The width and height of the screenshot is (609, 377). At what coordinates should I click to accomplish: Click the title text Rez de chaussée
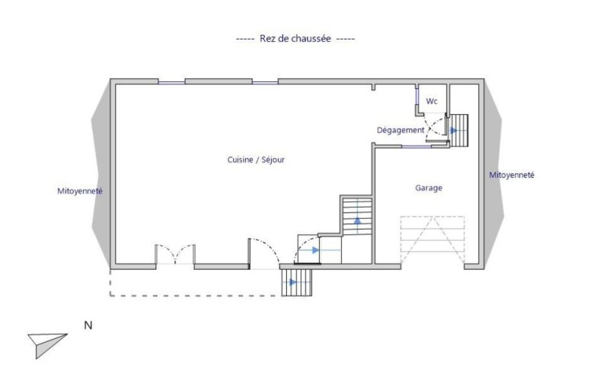pos(295,39)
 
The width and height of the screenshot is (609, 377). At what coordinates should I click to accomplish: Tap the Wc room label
pos(432,101)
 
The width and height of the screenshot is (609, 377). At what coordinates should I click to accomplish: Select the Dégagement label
pos(400,130)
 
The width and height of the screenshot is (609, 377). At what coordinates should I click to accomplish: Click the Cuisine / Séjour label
pos(256,160)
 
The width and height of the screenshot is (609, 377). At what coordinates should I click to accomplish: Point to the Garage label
pos(429,188)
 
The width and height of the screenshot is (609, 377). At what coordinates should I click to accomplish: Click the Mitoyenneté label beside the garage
pos(512,175)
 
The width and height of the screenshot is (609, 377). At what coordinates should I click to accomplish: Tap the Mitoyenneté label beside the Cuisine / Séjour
pos(80,191)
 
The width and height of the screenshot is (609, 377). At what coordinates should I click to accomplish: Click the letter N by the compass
pos(88,325)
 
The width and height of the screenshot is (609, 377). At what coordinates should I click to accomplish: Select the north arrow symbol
pos(46,344)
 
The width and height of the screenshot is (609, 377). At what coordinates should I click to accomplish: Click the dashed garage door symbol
pos(432,240)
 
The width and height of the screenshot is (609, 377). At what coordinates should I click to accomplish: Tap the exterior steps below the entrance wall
pos(296,282)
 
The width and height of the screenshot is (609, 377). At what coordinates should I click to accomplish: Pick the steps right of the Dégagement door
pos(459,130)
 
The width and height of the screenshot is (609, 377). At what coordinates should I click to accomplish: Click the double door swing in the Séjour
pos(175,252)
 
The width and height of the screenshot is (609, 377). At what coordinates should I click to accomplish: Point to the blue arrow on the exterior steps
pos(294,282)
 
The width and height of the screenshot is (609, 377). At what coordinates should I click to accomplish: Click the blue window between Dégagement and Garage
pos(416,147)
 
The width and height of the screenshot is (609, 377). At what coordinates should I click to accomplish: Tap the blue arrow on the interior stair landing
pos(314,250)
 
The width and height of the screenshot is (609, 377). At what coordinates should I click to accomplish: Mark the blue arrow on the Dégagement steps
pos(454,131)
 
